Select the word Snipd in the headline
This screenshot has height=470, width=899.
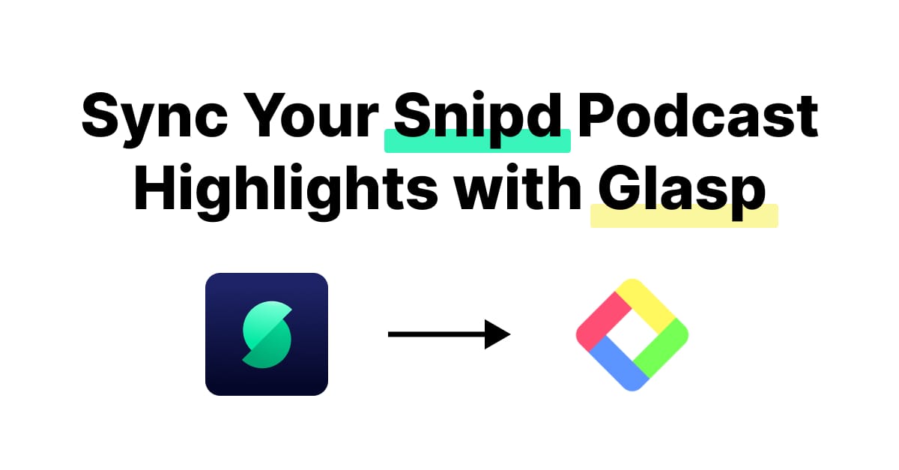[478, 118]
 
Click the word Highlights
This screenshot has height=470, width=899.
[285, 191]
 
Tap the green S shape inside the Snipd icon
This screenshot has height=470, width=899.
[266, 334]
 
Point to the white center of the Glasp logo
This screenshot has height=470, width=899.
[632, 334]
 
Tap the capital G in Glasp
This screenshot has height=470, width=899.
[618, 191]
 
